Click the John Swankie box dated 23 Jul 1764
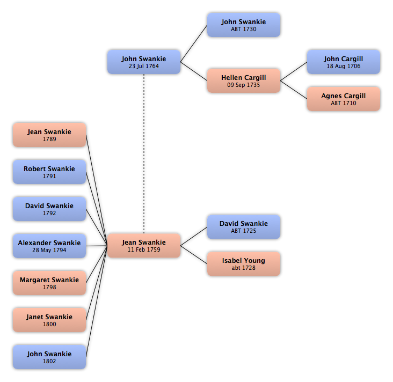click(144, 62)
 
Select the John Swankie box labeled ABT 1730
click(244, 25)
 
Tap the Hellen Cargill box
click(244, 80)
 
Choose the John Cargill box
click(344, 62)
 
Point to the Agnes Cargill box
click(344, 99)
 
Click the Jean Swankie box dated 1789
click(49, 135)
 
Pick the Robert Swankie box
click(49, 172)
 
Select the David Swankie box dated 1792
click(49, 209)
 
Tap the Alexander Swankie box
click(49, 246)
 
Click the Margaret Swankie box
click(49, 283)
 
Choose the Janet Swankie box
click(49, 320)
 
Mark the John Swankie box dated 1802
click(49, 357)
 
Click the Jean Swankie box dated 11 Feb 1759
click(144, 246)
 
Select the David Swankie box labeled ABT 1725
click(244, 227)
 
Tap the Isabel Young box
click(244, 264)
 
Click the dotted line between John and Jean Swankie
click(144, 153)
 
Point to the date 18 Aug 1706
click(344, 66)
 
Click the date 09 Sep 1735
click(244, 85)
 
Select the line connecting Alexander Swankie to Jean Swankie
click(97, 246)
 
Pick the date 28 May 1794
click(49, 250)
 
